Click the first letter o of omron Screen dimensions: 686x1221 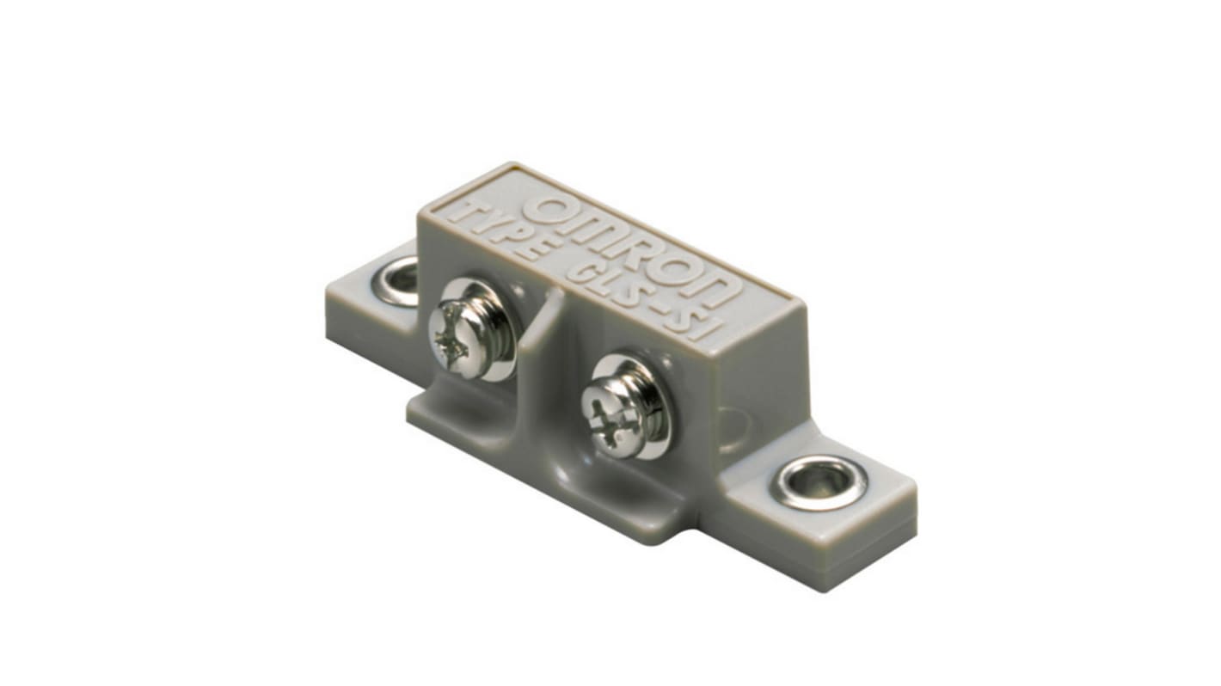[x=549, y=211]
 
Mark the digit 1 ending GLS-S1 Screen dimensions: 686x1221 [x=714, y=326]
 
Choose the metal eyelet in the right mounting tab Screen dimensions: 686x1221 [x=819, y=482]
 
